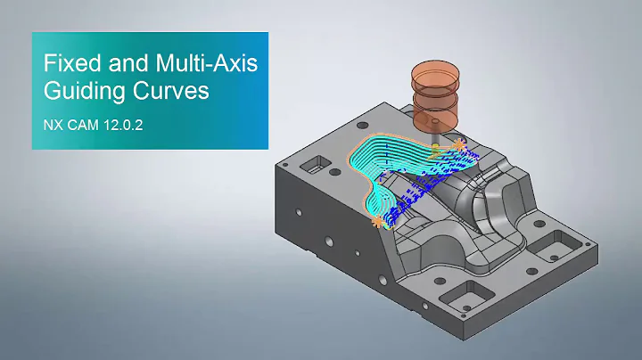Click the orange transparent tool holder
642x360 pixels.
pyautogui.click(x=432, y=93)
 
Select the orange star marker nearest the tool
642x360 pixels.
pyautogui.click(x=458, y=143)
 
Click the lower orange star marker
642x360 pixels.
pyautogui.click(x=380, y=218)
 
